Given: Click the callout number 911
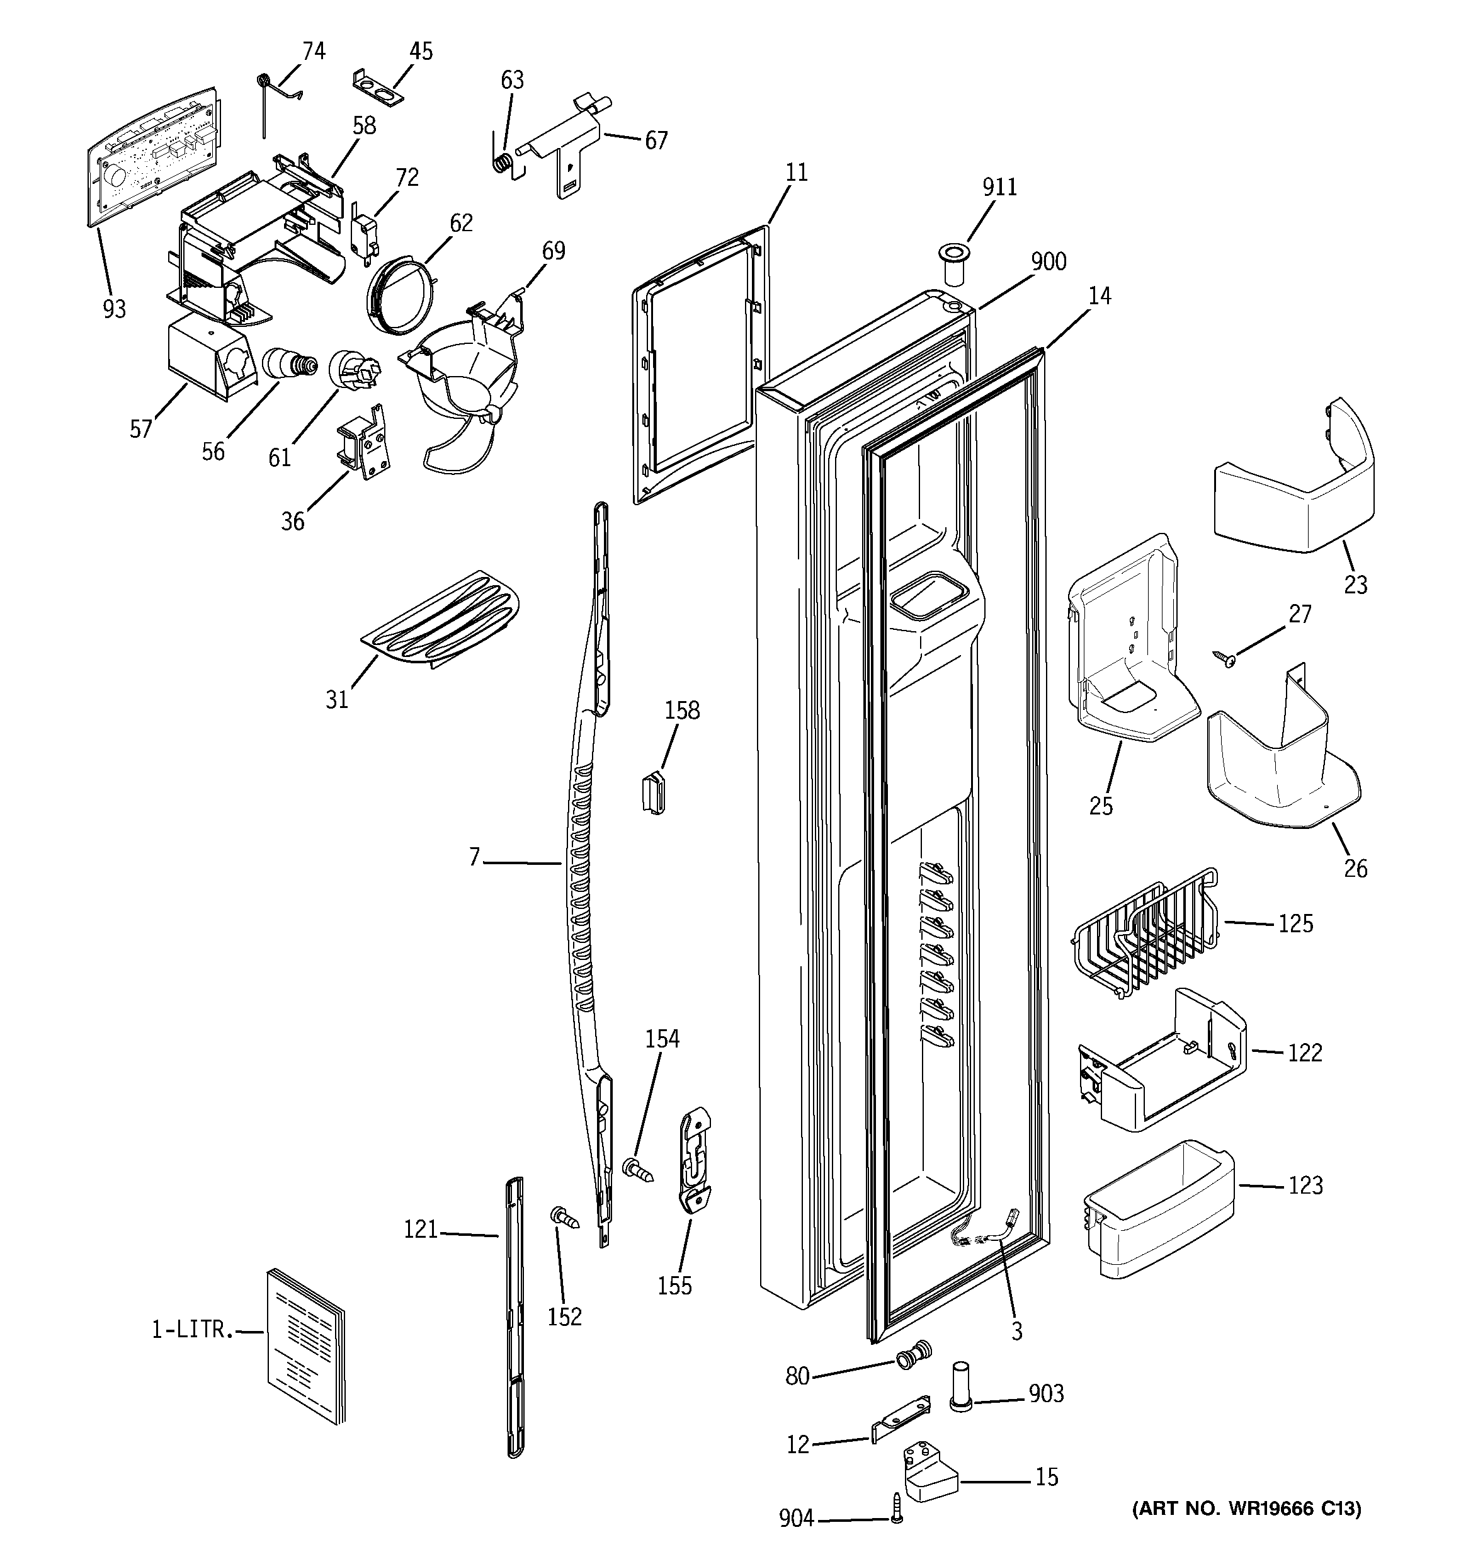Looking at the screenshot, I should tap(999, 188).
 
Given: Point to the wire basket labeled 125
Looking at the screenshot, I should tap(1145, 930).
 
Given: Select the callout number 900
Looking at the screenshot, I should tap(1049, 262).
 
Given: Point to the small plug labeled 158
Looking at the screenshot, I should tap(652, 791).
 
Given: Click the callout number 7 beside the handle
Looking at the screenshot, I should tap(474, 858).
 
